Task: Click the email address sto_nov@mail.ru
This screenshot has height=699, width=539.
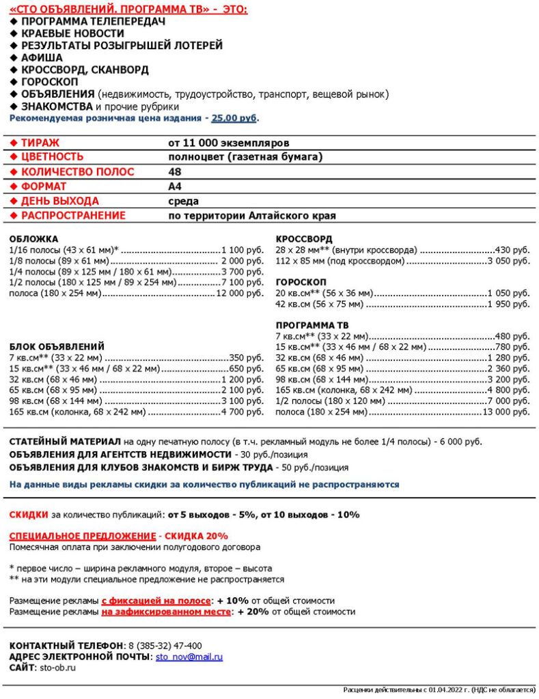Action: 189,657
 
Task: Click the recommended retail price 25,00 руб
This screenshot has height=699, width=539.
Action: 234,118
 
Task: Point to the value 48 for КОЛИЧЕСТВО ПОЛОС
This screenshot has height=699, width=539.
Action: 175,172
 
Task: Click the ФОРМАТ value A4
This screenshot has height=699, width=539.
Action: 175,186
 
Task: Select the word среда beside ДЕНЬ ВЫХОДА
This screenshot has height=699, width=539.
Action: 184,201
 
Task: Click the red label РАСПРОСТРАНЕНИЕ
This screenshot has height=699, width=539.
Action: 73,216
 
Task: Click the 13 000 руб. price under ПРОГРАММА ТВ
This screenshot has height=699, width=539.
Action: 506,412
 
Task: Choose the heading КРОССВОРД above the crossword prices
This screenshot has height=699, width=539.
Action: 304,240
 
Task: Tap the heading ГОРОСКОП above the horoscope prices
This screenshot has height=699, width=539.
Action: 301,282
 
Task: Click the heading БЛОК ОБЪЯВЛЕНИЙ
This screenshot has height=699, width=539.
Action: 57,346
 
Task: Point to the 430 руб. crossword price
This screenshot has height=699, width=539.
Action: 512,251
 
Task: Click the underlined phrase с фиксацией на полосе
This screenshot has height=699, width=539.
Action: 156,601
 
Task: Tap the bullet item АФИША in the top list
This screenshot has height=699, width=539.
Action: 42,58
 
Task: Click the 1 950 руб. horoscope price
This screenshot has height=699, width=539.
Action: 509,304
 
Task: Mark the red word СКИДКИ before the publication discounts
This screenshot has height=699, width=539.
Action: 29,515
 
